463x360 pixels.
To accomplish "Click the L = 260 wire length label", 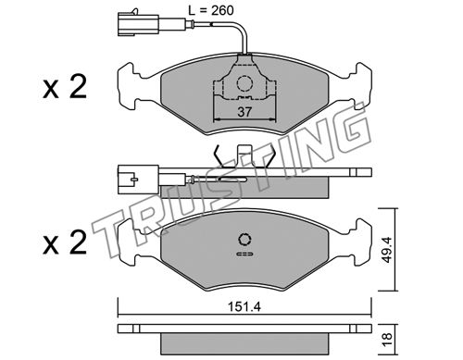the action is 211,10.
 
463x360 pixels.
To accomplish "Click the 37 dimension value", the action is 244,112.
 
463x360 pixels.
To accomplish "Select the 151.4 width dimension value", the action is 244,307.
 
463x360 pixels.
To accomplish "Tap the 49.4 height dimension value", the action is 386,250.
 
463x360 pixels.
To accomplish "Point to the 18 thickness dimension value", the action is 387,339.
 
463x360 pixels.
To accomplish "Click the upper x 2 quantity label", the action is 65,87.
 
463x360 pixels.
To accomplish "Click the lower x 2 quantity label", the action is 65,242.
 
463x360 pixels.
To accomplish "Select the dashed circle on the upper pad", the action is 244,83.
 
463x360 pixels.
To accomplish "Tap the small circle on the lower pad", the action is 244,240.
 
